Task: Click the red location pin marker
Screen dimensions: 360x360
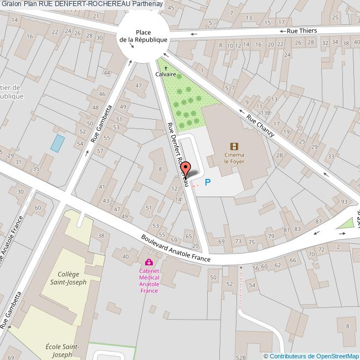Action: tap(186, 169)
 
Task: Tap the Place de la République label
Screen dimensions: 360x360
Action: tap(143, 36)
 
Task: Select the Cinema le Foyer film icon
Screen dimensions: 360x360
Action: tap(234, 146)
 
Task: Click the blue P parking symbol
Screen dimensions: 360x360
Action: tap(208, 182)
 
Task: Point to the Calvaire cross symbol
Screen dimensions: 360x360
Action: tap(166, 68)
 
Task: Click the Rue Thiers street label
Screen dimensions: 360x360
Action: tap(302, 31)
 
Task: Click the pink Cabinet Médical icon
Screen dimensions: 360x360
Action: tap(148, 262)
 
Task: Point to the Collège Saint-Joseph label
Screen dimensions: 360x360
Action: tap(72, 278)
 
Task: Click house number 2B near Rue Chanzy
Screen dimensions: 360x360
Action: tap(279, 156)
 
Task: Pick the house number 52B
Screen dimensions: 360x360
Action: tap(240, 358)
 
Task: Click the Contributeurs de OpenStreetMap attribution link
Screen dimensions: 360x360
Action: tap(313, 356)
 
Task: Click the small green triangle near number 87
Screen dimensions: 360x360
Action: tap(347, 223)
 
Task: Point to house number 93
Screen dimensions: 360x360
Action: tap(344, 201)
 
